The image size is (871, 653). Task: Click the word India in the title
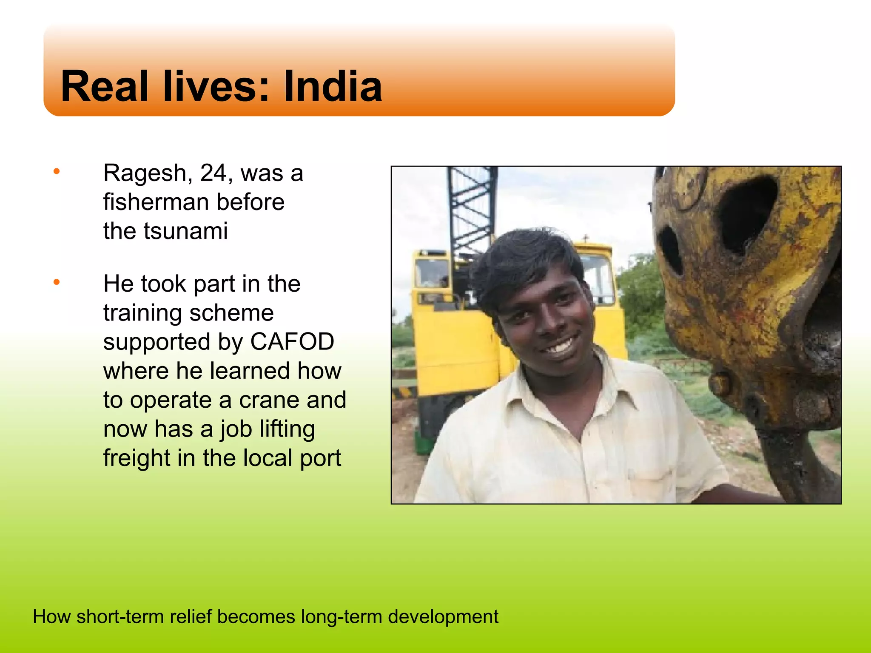click(x=333, y=86)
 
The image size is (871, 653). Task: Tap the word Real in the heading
click(x=105, y=86)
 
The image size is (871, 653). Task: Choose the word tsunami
click(x=185, y=231)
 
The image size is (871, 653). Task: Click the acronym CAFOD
click(x=292, y=341)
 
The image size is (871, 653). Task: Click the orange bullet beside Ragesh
click(x=56, y=172)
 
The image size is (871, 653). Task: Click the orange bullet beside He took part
click(x=56, y=282)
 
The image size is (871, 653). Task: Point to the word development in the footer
click(x=443, y=617)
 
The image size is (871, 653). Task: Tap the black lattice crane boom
click(x=470, y=204)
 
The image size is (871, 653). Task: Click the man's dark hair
click(x=523, y=259)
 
